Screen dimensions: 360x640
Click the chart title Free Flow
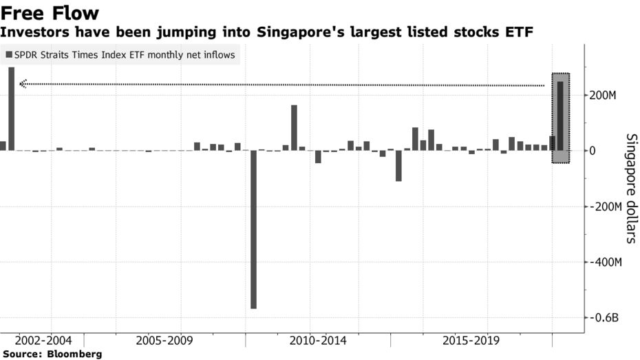(51, 12)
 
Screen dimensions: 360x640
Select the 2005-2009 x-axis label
(164, 341)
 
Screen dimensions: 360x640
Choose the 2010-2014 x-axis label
(317, 341)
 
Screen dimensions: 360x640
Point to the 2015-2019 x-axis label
(471, 341)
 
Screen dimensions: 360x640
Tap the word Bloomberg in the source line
(74, 354)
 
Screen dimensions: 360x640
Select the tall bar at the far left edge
(11, 109)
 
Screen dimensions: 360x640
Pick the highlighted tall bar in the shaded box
(561, 116)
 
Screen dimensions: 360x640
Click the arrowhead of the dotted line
(23, 84)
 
